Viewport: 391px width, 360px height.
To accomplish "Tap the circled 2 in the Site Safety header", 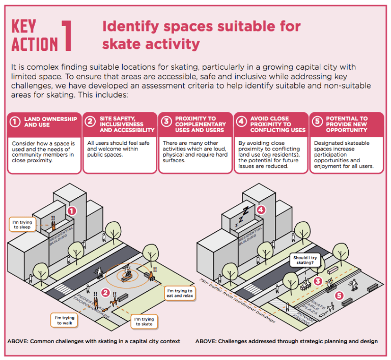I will point(91,122).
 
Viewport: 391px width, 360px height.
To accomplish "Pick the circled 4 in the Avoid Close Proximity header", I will point(241,122).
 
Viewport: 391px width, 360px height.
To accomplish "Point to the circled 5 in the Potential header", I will point(317,122).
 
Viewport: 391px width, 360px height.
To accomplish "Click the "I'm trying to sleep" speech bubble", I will point(22,224).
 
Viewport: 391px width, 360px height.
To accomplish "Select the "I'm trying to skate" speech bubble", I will point(144,321).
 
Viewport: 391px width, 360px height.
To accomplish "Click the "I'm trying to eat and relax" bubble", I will point(179,293).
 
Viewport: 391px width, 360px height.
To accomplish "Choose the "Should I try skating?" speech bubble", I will point(305,260).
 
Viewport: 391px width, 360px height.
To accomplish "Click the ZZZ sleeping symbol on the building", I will point(240,217).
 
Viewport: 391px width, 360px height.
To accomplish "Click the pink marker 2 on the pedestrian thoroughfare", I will point(105,292).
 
